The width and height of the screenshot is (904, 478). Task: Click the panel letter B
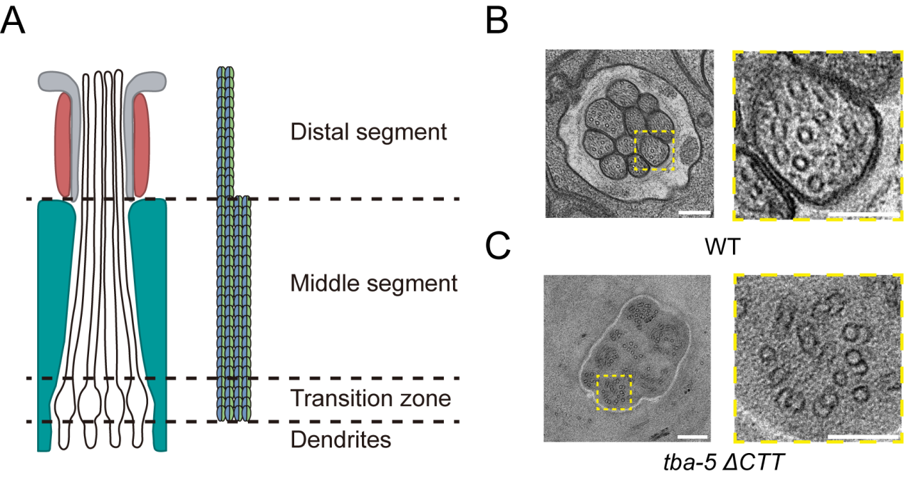(x=497, y=21)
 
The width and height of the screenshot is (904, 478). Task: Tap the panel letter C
(x=498, y=246)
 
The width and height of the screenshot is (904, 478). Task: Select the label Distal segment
(x=368, y=132)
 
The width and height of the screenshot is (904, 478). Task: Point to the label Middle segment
(x=373, y=284)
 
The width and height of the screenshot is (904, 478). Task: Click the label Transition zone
(x=370, y=398)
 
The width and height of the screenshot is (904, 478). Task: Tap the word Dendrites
(x=341, y=440)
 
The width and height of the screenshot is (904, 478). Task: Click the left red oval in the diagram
(x=65, y=146)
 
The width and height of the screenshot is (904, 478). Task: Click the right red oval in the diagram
(x=140, y=146)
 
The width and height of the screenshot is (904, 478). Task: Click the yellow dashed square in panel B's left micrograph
(x=654, y=150)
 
